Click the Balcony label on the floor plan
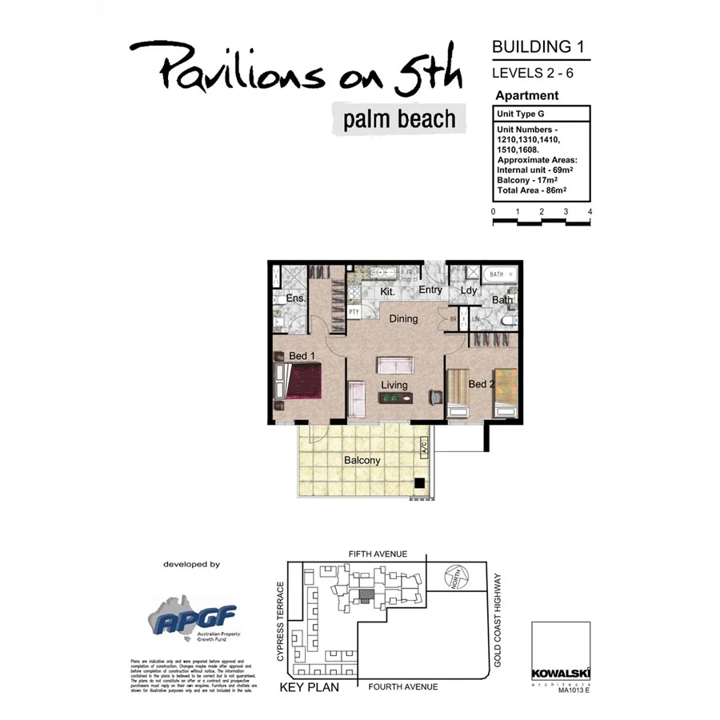coord(362,461)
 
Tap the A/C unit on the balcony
coord(423,448)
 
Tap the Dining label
coord(403,318)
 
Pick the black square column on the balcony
coord(418,482)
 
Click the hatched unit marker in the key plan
coord(366,596)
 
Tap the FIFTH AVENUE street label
coord(378,554)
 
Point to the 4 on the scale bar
coord(590,211)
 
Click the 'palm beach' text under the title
coord(399,120)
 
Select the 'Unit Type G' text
coord(522,114)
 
